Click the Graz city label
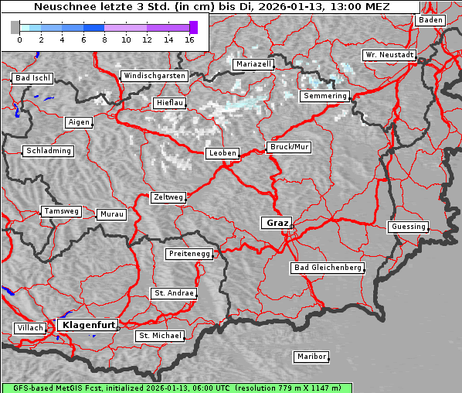click(x=277, y=223)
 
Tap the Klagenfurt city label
click(x=88, y=325)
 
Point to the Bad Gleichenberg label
click(x=327, y=268)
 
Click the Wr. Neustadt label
click(x=389, y=55)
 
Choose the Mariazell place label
click(x=253, y=64)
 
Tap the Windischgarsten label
click(x=154, y=76)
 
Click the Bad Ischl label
click(x=32, y=78)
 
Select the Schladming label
click(x=48, y=151)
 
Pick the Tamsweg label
click(x=60, y=211)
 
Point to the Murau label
click(x=111, y=214)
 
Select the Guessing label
click(x=408, y=227)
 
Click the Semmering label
click(x=325, y=96)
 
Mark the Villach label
click(x=29, y=328)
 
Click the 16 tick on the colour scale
click(x=189, y=39)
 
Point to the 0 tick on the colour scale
click(x=19, y=39)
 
